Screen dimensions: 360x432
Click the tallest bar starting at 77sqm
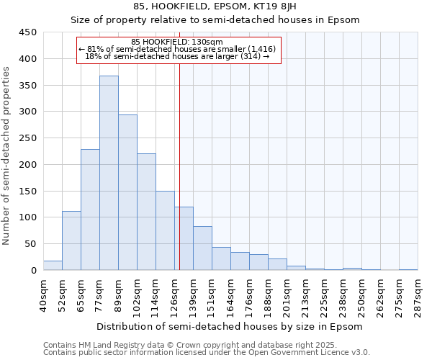pos(109,173)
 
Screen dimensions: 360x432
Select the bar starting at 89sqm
pos(127,192)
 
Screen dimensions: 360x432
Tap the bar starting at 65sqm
pos(90,210)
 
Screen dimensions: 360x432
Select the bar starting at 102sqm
pos(146,212)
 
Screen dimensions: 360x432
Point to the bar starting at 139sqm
pos(202,248)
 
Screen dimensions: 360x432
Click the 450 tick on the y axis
pos(28,32)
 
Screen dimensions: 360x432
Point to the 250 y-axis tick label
pos(28,138)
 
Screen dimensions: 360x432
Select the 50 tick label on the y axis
pos(31,244)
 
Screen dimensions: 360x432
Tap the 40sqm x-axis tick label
pos(43,294)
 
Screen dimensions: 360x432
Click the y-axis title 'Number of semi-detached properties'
pos(7,155)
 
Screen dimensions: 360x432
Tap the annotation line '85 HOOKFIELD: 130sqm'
pos(177,42)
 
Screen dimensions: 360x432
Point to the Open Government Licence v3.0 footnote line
pos(206,352)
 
